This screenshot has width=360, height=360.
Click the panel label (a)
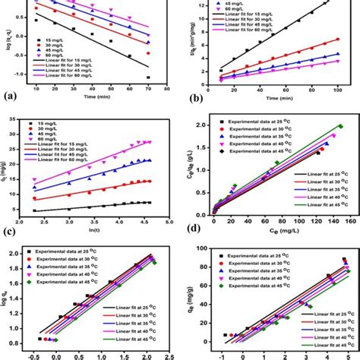pos(11,97)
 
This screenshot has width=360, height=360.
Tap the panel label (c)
pos(11,231)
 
